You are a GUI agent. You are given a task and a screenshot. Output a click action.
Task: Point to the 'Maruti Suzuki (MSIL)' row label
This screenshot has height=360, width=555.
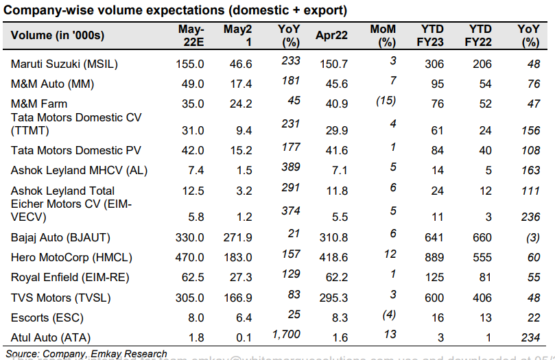[64, 64]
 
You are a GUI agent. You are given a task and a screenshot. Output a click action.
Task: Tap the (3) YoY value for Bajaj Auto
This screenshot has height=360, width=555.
[529, 237]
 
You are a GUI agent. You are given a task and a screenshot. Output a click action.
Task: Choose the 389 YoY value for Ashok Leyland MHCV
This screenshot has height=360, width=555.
[291, 167]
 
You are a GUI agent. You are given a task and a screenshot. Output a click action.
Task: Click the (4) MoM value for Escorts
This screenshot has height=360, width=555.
[385, 315]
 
